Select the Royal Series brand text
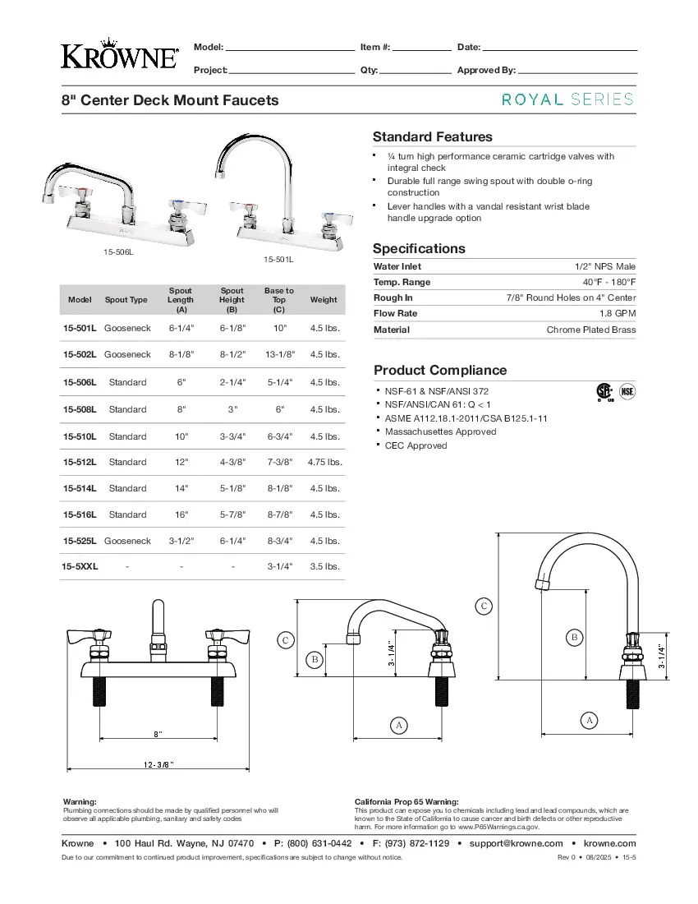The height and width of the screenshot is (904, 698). (567, 99)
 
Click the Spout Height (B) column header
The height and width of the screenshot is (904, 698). (232, 300)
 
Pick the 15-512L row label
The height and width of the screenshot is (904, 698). (80, 462)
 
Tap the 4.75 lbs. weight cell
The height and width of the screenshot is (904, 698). (324, 462)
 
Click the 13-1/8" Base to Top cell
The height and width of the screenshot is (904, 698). (279, 354)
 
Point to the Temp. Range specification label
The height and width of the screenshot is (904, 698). (402, 282)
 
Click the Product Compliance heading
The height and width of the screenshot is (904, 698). (440, 370)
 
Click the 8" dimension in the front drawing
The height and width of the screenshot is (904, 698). (158, 733)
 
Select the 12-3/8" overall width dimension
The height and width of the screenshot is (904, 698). (158, 764)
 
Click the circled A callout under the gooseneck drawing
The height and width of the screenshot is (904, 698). (588, 721)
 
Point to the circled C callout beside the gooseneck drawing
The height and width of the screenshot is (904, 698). (484, 607)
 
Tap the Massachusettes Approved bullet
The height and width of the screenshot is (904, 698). (440, 431)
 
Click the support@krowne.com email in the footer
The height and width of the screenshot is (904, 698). (516, 843)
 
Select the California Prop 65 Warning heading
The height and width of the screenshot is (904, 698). (406, 801)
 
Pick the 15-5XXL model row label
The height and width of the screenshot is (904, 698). (80, 566)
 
